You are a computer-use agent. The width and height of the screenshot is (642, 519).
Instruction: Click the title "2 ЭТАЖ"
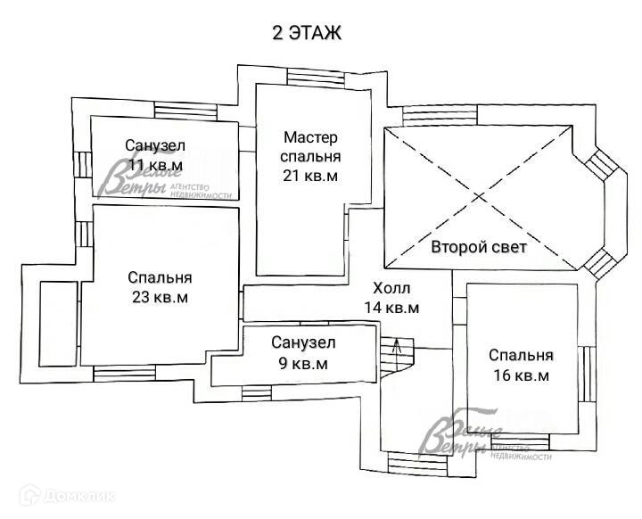coord(307,33)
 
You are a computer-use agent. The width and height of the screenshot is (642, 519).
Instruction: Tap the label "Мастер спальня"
coord(310,146)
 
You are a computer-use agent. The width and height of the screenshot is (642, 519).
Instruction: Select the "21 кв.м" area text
coord(310,176)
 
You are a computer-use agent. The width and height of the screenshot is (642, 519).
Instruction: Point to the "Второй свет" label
coord(479,247)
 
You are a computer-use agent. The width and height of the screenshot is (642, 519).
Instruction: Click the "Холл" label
coord(391,288)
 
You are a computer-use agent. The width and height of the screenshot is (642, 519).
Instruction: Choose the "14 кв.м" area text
coord(391,308)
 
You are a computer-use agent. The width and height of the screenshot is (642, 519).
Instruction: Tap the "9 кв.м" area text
coord(303,364)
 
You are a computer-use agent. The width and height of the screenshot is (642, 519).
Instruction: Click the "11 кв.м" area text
coord(155,165)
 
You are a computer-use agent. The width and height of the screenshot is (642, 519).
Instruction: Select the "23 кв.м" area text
coord(160,297)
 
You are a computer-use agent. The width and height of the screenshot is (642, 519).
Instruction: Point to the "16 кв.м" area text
coord(522,375)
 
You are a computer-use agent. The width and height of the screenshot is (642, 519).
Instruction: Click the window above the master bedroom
coord(316,79)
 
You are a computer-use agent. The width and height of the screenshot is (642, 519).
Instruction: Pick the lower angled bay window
coord(601,263)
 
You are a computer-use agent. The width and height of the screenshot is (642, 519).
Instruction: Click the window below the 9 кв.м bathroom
coord(256,393)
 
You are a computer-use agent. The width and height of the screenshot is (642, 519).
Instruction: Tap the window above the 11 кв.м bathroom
coord(185,111)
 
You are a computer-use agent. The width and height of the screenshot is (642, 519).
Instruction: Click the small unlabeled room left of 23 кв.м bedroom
coord(58,324)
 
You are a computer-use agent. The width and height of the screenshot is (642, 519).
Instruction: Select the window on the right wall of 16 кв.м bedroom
coord(588,374)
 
